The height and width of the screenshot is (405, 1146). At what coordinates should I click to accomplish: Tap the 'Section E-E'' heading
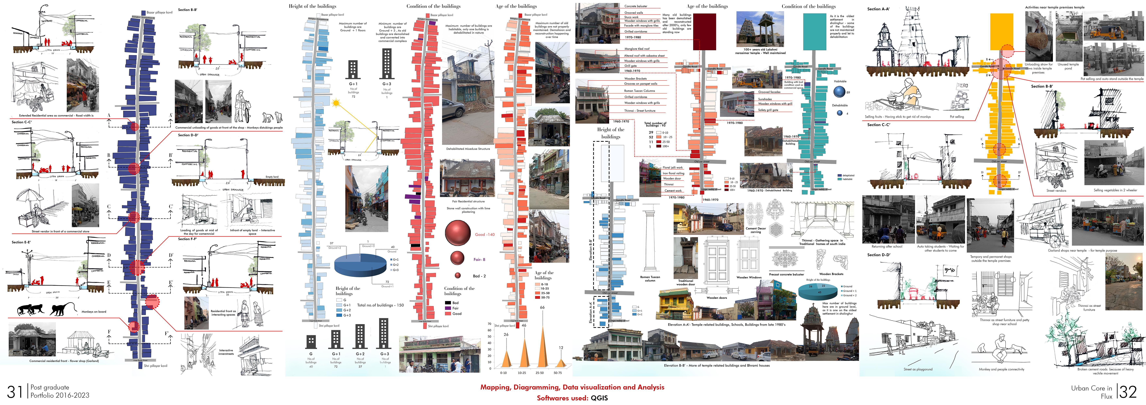[21, 242]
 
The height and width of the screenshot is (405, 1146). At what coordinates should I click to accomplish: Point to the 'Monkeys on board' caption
[94, 312]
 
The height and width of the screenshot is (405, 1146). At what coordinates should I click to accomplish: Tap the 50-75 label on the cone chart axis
[557, 373]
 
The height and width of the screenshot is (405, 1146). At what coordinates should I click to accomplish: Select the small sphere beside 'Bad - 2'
[457, 276]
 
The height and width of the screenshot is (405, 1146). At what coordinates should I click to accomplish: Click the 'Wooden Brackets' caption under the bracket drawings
[831, 274]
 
